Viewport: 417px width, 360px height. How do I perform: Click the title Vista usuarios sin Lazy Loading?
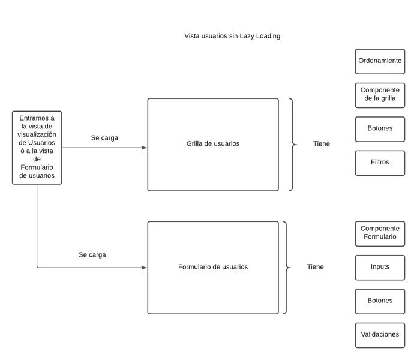pos(232,36)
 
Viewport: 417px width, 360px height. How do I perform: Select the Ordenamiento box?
pos(380,61)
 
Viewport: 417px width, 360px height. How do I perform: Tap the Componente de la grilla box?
pos(380,95)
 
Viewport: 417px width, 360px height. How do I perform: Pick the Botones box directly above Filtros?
pos(380,128)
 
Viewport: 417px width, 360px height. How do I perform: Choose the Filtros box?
pos(380,163)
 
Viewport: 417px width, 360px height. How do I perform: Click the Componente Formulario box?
pos(380,233)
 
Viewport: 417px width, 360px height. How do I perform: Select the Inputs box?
pos(380,267)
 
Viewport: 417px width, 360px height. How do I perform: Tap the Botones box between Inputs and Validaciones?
pos(380,301)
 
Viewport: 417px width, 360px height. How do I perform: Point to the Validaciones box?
pos(380,335)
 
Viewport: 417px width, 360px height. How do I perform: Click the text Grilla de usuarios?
pos(213,144)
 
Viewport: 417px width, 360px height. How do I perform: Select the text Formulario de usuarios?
pos(213,267)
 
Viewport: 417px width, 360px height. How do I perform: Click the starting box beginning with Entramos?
pos(37,147)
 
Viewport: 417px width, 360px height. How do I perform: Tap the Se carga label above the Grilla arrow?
pos(104,138)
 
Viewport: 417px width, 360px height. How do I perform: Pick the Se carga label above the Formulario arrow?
pos(92,255)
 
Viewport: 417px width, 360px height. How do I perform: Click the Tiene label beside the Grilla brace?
pos(321,144)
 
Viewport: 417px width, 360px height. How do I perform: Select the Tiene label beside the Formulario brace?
pos(315,267)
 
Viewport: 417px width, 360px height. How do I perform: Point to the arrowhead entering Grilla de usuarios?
pos(144,148)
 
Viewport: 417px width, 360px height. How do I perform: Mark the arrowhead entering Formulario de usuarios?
pos(144,268)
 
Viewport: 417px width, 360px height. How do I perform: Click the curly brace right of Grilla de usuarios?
pos(293,145)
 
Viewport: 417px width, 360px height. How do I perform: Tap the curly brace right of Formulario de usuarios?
pos(286,268)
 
